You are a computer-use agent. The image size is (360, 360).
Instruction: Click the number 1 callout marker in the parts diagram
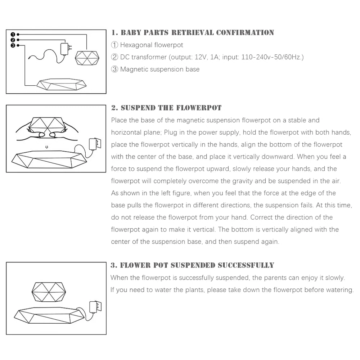[13, 34]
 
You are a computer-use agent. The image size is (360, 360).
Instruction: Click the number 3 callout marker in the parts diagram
[13, 45]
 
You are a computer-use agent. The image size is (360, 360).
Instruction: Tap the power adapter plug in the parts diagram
[66, 49]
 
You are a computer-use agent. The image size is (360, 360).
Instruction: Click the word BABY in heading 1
[131, 33]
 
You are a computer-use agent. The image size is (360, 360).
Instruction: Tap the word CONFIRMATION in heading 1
[245, 33]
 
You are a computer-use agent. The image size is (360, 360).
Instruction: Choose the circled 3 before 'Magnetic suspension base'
[114, 69]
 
